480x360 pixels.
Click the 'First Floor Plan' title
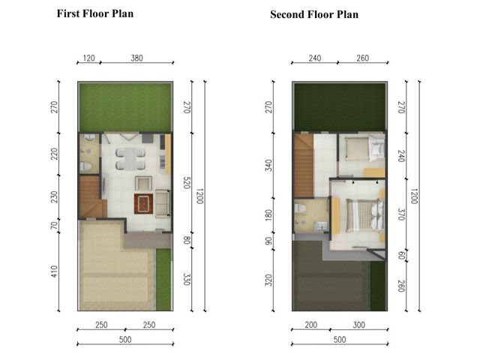click(x=95, y=13)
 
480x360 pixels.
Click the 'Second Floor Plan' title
click(x=314, y=14)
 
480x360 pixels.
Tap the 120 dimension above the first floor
click(x=88, y=58)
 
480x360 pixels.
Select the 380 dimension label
click(x=136, y=58)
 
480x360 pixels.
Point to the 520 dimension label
click(x=187, y=182)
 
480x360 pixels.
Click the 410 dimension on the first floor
click(x=54, y=271)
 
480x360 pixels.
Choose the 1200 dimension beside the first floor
click(x=199, y=196)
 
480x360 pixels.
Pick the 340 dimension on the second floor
click(x=268, y=165)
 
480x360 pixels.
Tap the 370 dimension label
click(x=401, y=214)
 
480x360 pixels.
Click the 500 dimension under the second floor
click(x=340, y=340)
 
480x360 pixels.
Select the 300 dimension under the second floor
click(x=358, y=325)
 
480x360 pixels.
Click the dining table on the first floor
click(x=130, y=159)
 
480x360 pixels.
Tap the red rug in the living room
click(x=143, y=204)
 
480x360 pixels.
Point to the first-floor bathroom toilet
click(x=86, y=166)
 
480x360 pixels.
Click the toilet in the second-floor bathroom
click(x=300, y=208)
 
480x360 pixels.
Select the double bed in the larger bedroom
click(x=364, y=215)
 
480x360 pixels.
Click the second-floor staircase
click(x=303, y=165)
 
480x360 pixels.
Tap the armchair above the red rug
click(x=143, y=183)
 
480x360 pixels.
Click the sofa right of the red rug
click(x=163, y=203)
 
